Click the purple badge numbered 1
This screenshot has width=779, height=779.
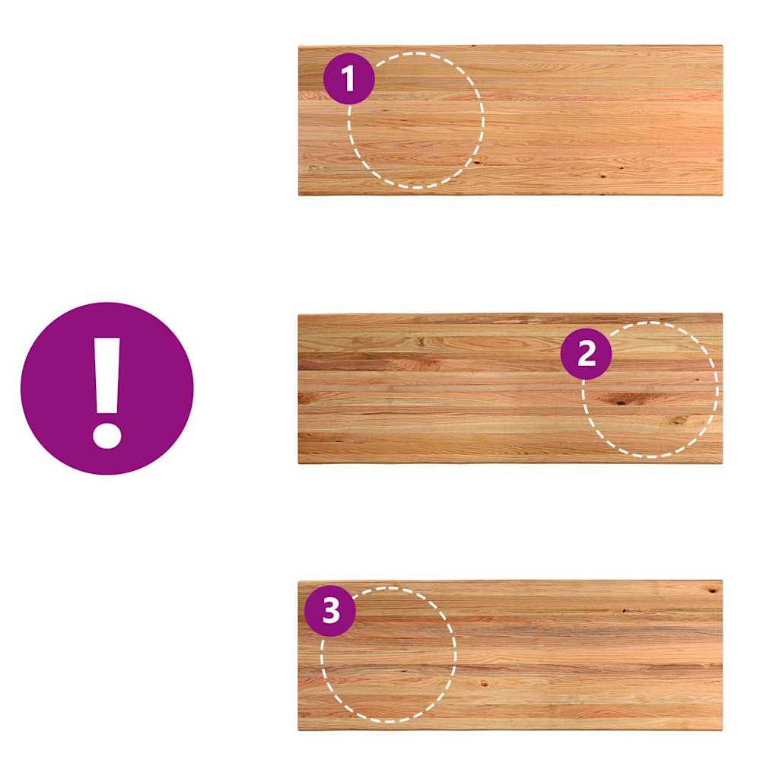[348, 78]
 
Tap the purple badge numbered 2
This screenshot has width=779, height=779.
[587, 354]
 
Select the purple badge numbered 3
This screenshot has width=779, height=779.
[330, 611]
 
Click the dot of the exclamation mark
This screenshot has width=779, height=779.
[107, 436]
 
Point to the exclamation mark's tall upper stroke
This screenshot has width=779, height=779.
[107, 376]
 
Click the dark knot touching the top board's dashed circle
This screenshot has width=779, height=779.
[476, 161]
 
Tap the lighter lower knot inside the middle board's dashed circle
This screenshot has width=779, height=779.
[679, 421]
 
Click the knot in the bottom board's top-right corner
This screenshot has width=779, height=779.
[714, 590]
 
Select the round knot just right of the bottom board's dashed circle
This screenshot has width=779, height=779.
[484, 684]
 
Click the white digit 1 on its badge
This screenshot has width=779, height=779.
[348, 78]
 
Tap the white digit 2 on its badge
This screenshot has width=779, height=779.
[587, 354]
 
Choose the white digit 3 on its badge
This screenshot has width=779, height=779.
[331, 611]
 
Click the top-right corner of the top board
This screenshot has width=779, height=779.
[723, 46]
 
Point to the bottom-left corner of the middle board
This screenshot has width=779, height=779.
[298, 463]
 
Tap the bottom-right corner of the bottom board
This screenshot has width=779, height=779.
[723, 730]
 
